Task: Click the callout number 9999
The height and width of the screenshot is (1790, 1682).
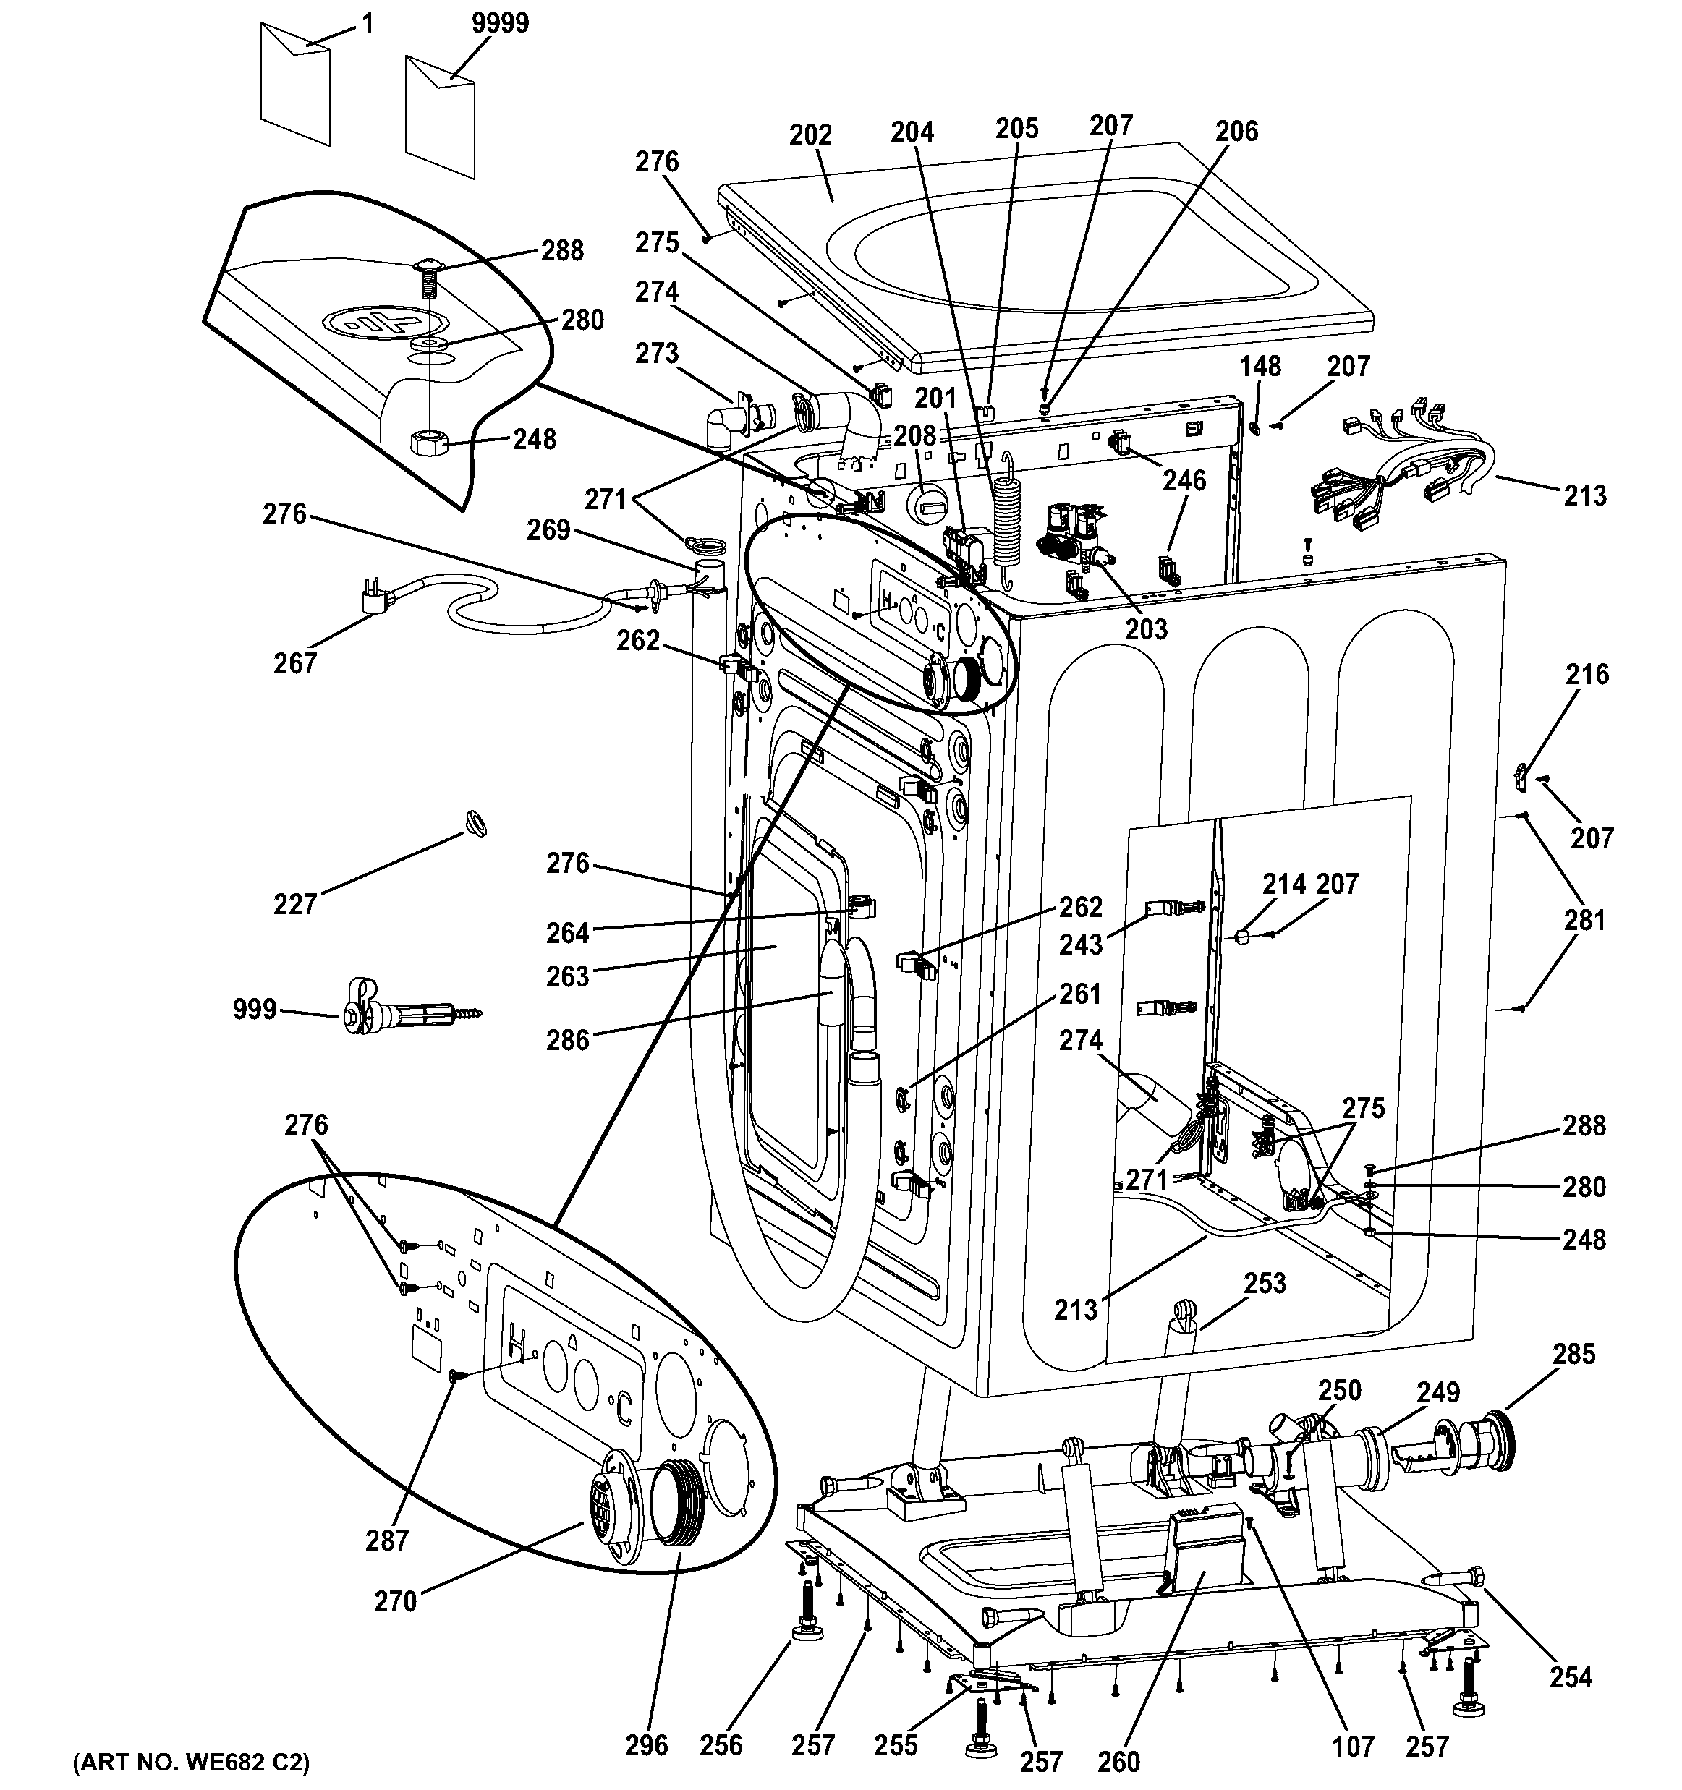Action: (x=501, y=22)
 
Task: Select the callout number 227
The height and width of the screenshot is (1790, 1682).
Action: (x=295, y=903)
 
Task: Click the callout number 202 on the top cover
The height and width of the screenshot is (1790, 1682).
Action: (x=810, y=135)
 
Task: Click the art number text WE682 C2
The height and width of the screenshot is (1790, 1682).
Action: (x=191, y=1761)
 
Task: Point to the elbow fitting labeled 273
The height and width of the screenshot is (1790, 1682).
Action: (x=731, y=426)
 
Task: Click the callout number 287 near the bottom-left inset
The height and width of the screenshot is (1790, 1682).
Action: (x=387, y=1540)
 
